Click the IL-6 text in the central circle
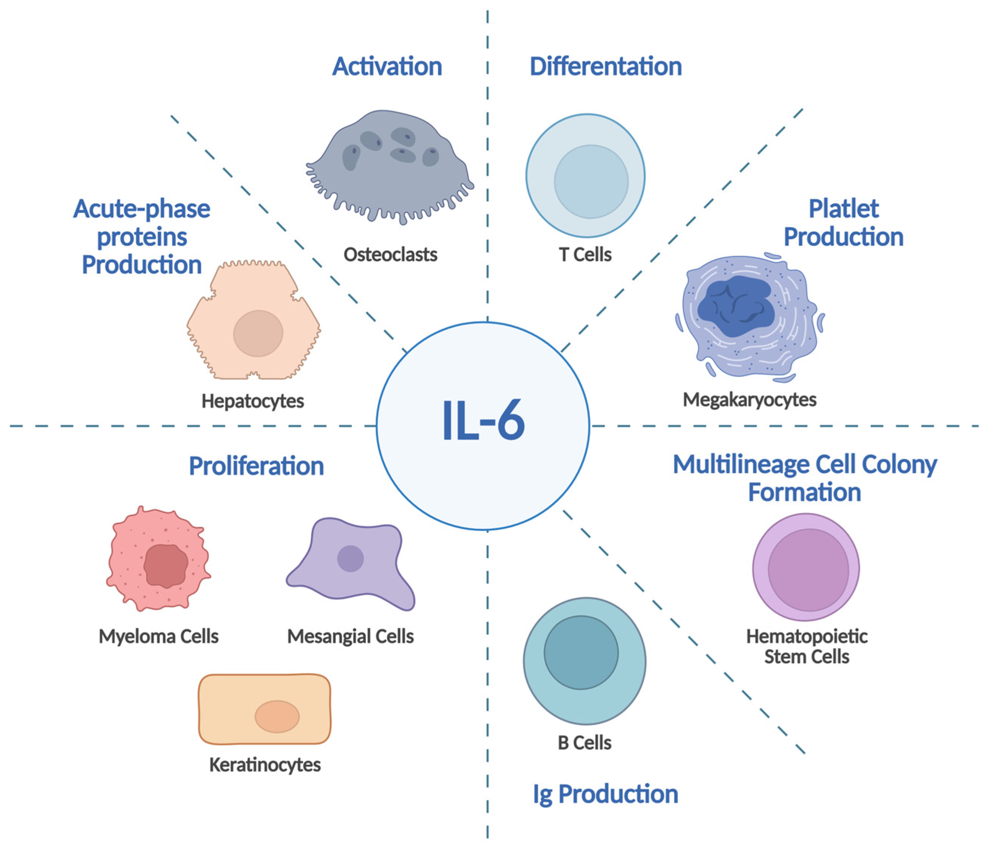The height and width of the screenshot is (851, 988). pos(483,421)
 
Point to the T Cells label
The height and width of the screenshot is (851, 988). pos(585,255)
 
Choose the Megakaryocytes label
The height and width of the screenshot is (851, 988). pos(749,400)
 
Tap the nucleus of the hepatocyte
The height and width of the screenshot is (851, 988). pos(258,333)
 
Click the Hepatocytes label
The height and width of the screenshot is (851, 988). pos(253,401)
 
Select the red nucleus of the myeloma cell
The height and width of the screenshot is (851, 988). pos(165,566)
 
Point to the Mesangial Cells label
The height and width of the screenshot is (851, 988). pos(350,637)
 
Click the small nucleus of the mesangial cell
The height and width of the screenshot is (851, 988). pos(350,558)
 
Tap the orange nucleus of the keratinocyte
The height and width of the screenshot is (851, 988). pos(277,716)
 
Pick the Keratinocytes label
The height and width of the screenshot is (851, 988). pos(265,765)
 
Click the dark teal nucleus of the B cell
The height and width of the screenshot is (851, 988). pos(581,652)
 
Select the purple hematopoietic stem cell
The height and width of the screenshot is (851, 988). pos(806,567)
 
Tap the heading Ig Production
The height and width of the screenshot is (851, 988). pos(605,794)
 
